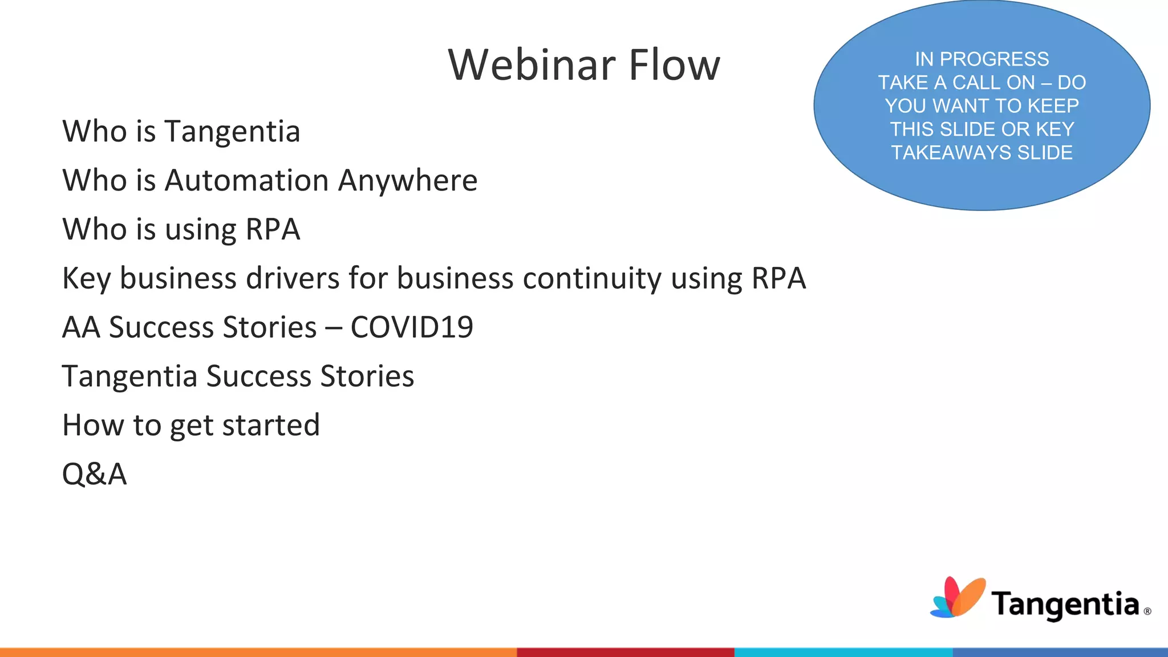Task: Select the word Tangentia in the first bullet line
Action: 232,132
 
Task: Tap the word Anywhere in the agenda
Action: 408,181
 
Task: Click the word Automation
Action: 247,181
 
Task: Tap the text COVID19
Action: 412,328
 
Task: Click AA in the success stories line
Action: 81,328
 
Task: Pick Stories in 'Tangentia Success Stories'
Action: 367,377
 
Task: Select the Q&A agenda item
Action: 94,474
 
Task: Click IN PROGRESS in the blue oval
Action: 982,59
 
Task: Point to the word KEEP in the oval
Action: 1053,106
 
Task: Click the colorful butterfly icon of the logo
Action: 958,598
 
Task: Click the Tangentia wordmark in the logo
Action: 1065,605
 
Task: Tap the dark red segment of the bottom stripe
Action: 625,652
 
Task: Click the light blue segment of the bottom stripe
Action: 843,652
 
